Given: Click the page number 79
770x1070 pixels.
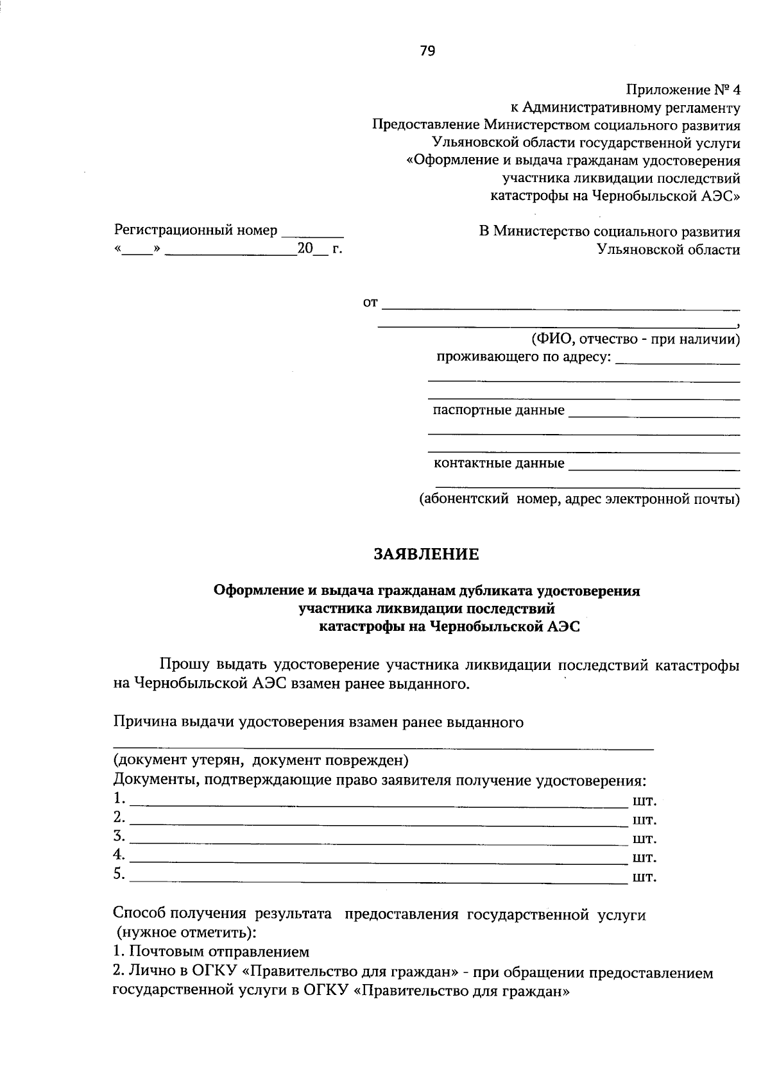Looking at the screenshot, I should pyautogui.click(x=427, y=51).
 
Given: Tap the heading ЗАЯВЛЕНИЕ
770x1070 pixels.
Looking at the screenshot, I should pyautogui.click(x=427, y=554).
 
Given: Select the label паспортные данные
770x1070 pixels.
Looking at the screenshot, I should pyautogui.click(x=499, y=410).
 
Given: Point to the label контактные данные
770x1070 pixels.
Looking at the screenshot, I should pyautogui.click(x=499, y=463).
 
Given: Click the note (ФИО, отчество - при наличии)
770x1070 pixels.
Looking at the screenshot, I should pyautogui.click(x=634, y=339).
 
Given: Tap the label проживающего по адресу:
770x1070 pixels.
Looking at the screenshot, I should pyautogui.click(x=524, y=356).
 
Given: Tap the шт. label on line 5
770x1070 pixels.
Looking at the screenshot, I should pyautogui.click(x=644, y=877).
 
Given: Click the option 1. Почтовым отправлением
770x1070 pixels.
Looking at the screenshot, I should pyautogui.click(x=211, y=951).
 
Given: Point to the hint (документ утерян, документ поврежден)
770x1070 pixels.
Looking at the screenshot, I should pyautogui.click(x=261, y=760).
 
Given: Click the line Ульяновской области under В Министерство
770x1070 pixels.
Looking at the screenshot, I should pyautogui.click(x=668, y=250).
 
